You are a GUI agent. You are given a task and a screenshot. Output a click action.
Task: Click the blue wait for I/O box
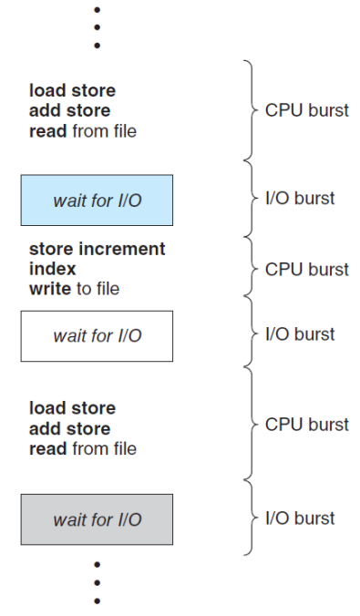(x=97, y=200)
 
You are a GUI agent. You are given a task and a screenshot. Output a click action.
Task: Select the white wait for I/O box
(x=97, y=335)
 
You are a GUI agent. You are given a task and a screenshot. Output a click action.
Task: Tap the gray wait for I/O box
(x=97, y=519)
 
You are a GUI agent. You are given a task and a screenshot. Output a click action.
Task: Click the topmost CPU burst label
(x=306, y=111)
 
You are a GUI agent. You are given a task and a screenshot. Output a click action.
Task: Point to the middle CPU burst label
(x=306, y=270)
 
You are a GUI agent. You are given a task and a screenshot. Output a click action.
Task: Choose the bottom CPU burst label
(x=306, y=425)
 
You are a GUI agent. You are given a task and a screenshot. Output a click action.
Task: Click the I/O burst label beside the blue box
(x=300, y=199)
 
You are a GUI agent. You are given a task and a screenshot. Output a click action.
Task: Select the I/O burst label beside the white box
(x=300, y=334)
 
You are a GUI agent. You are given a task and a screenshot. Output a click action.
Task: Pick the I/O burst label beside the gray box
(x=300, y=518)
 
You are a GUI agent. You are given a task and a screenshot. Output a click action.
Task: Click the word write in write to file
(x=47, y=290)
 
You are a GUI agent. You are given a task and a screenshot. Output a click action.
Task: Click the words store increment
(x=97, y=250)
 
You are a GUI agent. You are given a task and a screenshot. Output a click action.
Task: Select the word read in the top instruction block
(x=46, y=131)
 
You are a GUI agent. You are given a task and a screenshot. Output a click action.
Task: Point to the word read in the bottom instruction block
(x=46, y=448)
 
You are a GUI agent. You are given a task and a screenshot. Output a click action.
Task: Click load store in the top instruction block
(x=72, y=91)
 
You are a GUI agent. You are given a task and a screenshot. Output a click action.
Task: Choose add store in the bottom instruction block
(x=69, y=428)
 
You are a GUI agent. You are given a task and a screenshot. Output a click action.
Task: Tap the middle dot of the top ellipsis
(x=98, y=27)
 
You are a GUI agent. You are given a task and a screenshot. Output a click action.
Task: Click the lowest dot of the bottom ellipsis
(x=98, y=601)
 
